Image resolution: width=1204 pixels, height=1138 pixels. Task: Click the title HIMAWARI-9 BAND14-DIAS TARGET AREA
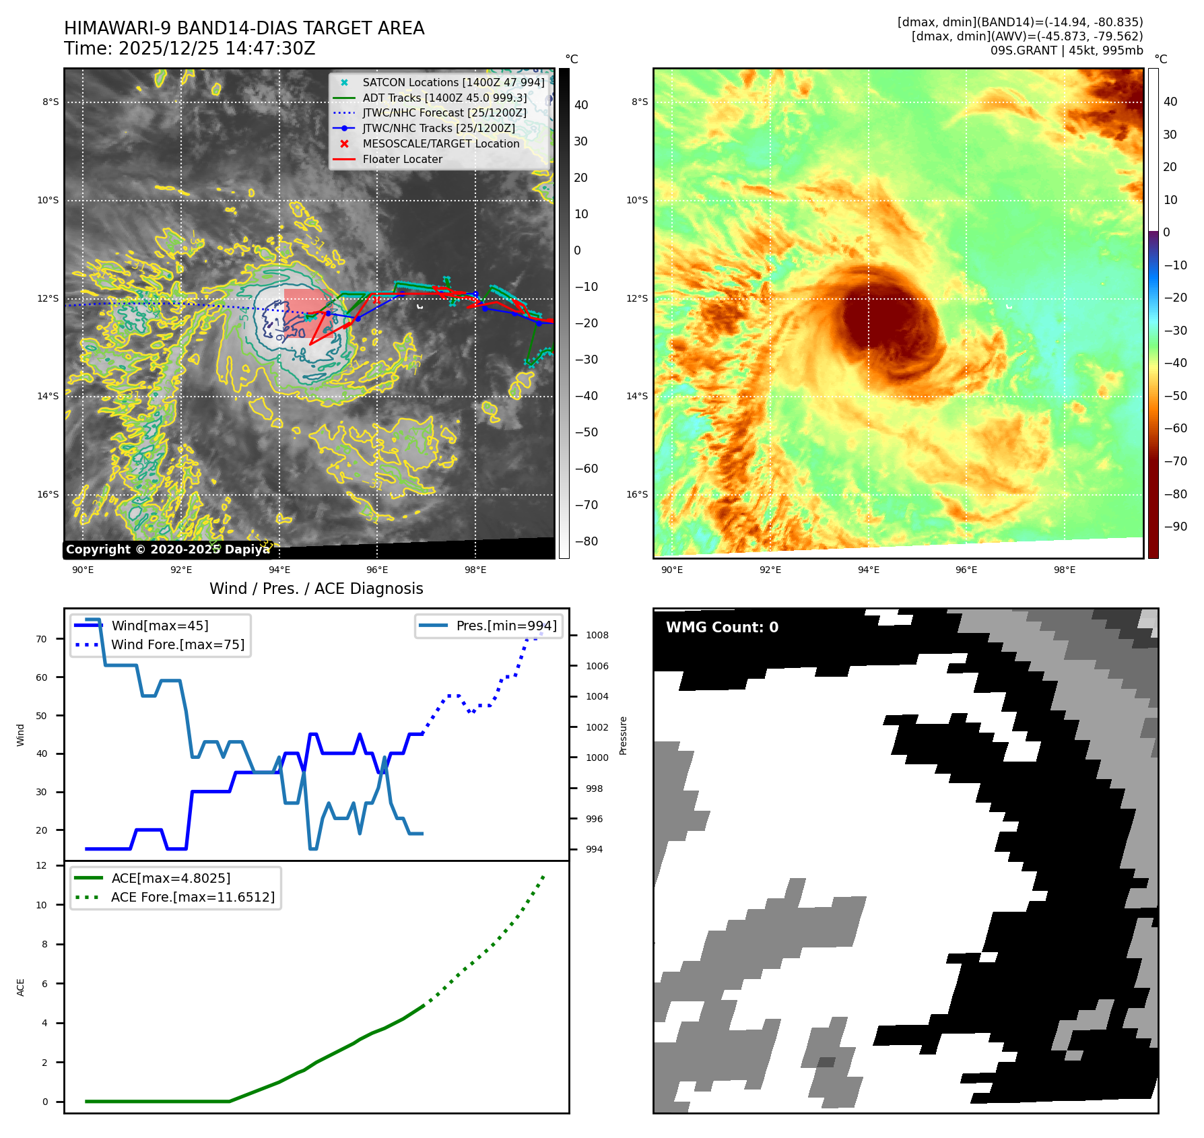point(244,28)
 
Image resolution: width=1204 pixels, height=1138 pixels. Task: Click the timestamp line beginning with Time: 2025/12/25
point(189,48)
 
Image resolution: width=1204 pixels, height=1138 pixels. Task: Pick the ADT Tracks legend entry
point(444,98)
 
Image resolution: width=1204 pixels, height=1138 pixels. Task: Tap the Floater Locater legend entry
point(402,159)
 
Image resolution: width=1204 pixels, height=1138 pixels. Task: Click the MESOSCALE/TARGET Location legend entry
point(440,143)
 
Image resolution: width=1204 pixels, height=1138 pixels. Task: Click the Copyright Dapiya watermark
point(167,549)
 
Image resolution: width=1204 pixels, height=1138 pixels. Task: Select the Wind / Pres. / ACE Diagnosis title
point(316,589)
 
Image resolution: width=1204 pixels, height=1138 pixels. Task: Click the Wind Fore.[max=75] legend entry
point(177,644)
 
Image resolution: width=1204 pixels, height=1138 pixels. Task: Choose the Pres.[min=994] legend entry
point(506,626)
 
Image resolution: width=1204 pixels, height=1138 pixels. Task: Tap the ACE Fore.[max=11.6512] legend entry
point(193,897)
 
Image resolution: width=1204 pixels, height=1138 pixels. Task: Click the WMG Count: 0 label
point(722,627)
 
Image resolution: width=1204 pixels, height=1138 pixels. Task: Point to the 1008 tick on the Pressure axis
point(597,635)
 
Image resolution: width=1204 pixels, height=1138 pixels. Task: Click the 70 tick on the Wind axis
point(42,639)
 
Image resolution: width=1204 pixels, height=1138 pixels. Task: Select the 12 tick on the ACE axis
point(42,865)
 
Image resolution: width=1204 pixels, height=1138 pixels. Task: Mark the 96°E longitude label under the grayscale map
point(377,570)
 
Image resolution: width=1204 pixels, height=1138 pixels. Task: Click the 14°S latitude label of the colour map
point(637,396)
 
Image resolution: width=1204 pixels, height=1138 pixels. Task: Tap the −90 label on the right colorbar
point(1175,527)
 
